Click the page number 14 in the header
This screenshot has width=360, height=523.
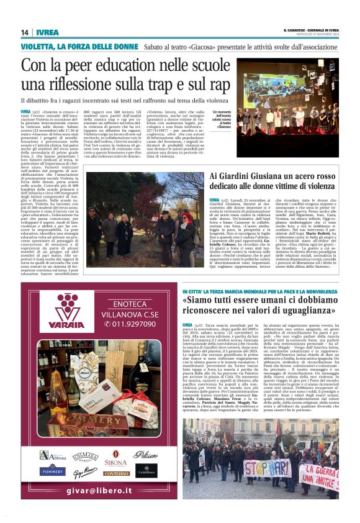click(25, 32)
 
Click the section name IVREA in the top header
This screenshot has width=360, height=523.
click(47, 32)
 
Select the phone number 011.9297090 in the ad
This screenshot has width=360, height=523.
click(135, 324)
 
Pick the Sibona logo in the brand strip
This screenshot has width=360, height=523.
click(115, 462)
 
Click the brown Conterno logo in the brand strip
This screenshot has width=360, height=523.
click(116, 474)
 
